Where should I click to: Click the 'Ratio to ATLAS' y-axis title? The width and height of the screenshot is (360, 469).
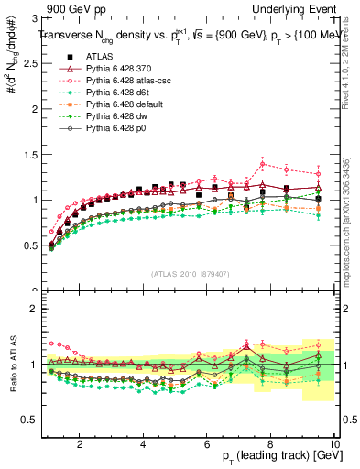12,364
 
